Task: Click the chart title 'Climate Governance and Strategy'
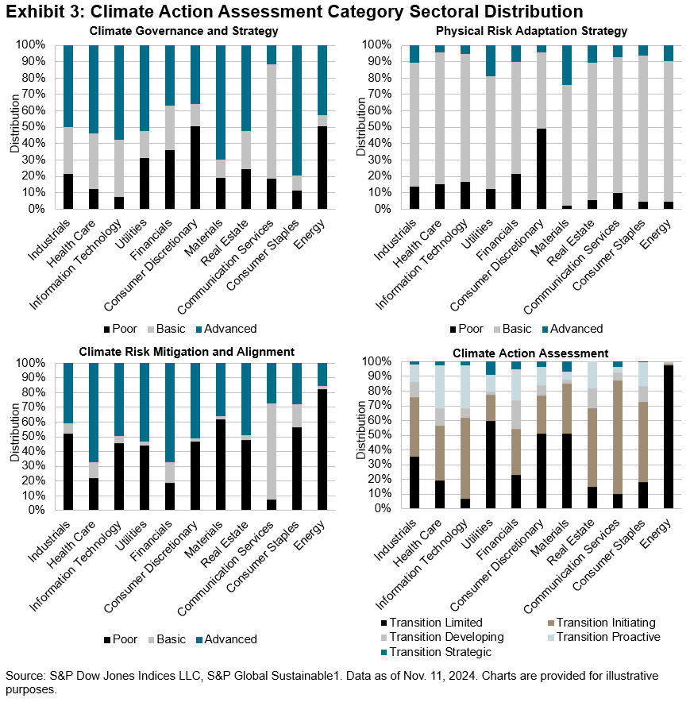coord(184,31)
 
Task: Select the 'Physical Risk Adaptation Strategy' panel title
coord(531,31)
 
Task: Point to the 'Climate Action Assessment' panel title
coord(531,352)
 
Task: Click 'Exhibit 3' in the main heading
coord(43,12)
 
